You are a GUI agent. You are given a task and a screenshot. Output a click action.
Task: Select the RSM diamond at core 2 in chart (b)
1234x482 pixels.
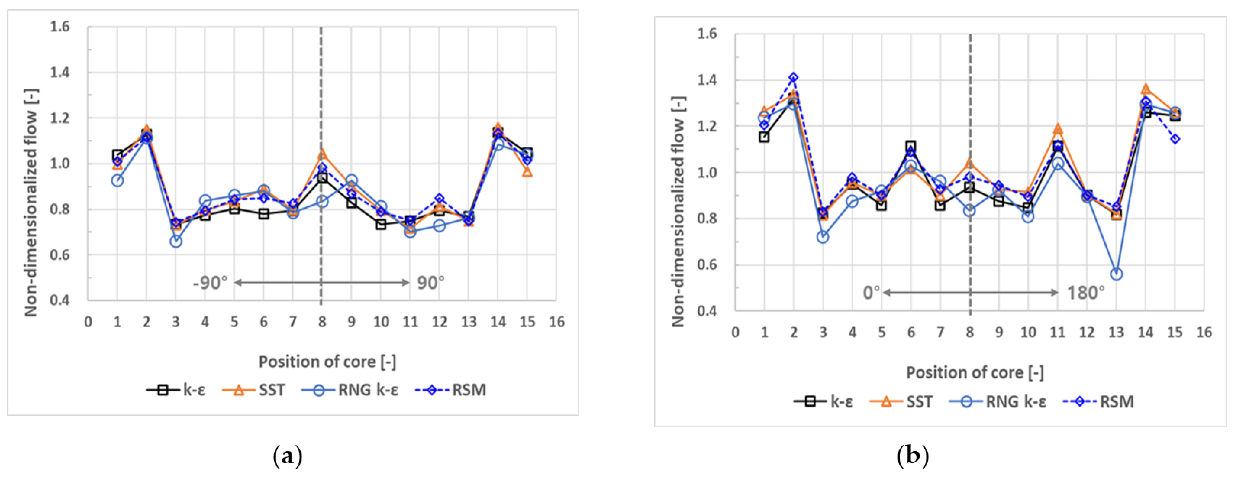tap(794, 77)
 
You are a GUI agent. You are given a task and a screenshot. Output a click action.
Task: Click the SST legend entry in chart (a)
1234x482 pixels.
tap(254, 390)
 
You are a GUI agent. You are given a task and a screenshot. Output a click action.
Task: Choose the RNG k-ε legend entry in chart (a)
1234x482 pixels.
tap(350, 390)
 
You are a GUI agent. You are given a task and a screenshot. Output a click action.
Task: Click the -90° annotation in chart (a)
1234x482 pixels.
tap(210, 283)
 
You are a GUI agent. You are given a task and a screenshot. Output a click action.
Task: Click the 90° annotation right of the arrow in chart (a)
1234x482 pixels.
tap(430, 283)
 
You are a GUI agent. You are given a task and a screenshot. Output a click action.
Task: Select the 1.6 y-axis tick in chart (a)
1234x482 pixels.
tap(60, 27)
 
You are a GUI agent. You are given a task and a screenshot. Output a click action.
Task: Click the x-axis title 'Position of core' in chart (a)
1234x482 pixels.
tap(327, 362)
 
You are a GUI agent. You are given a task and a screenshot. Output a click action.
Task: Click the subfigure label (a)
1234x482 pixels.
tap(287, 456)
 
